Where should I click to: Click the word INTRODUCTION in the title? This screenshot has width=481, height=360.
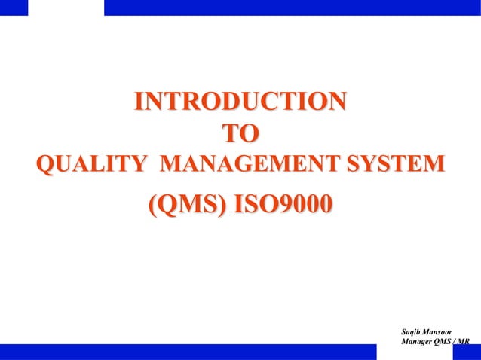pyautogui.click(x=240, y=102)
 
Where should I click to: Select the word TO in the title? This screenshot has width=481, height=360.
pyautogui.click(x=240, y=134)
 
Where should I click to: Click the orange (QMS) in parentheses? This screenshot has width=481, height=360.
pyautogui.click(x=186, y=204)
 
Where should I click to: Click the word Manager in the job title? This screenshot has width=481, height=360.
pyautogui.click(x=421, y=342)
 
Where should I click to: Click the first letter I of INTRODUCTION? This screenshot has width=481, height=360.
pyautogui.click(x=139, y=102)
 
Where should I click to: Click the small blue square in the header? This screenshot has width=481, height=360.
pyautogui.click(x=14, y=8)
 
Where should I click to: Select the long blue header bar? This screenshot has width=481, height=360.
pyautogui.click(x=292, y=8)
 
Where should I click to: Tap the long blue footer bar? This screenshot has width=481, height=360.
pyautogui.click(x=188, y=352)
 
